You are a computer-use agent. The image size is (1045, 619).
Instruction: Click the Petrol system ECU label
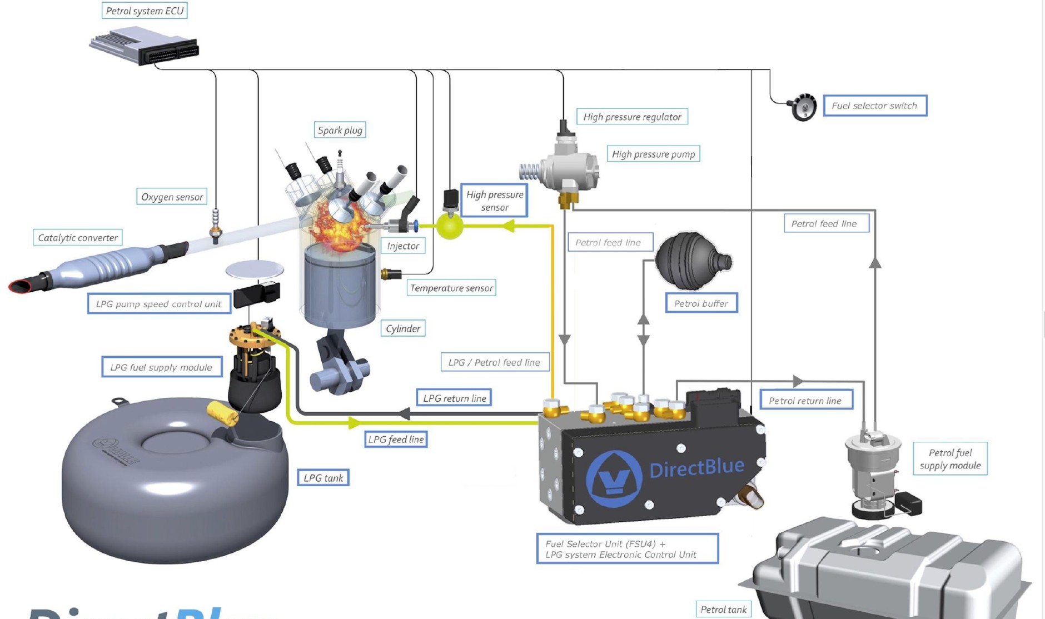tap(145, 11)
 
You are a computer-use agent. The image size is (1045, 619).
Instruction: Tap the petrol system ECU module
tap(143, 47)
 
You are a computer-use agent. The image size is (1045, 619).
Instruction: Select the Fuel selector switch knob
tap(803, 107)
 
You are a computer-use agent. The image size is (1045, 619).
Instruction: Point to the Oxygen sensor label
tap(172, 197)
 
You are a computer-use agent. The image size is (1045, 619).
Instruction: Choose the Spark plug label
tap(340, 130)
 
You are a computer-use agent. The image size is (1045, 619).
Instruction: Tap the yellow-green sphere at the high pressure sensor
tap(450, 226)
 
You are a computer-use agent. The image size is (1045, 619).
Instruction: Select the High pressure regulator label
tap(632, 117)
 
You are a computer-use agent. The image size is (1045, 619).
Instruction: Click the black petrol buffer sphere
tap(689, 261)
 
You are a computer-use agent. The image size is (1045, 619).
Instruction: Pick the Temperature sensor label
tap(451, 288)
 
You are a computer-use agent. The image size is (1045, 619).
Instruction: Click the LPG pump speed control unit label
tap(158, 304)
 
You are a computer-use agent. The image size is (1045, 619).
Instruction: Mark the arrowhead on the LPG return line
tap(404, 413)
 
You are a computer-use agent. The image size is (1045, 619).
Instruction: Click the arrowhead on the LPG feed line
tap(354, 423)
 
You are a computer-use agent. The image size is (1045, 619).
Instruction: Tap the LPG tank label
tap(324, 478)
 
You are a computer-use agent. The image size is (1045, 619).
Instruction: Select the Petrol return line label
tap(805, 401)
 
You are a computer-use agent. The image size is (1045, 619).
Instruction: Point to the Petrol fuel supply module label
tap(950, 459)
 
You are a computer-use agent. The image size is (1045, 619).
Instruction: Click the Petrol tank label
tap(723, 610)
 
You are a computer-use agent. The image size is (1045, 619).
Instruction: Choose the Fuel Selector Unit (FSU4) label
tap(627, 549)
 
